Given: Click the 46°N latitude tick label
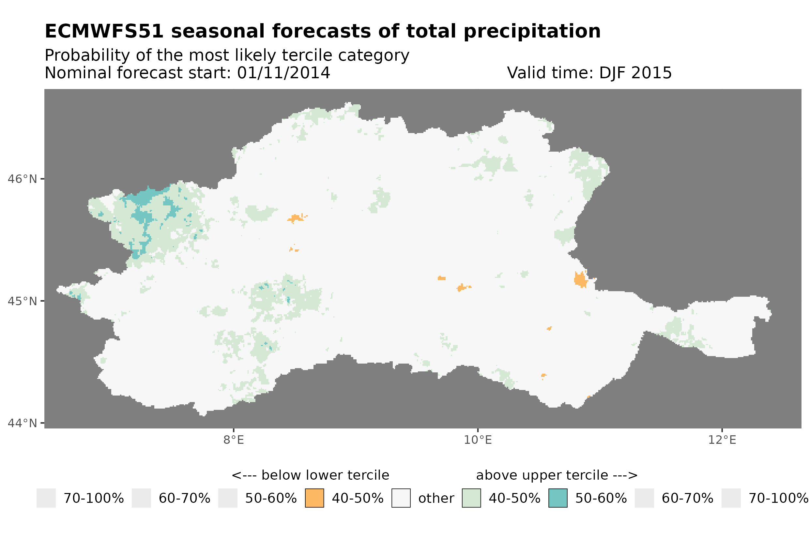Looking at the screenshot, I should (x=22, y=179).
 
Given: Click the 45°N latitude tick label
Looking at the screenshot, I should (x=22, y=301).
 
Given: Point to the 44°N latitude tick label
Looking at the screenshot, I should (x=22, y=423).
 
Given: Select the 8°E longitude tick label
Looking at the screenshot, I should (x=234, y=440).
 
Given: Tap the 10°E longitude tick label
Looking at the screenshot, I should (x=478, y=440).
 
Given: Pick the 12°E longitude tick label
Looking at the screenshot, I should (x=722, y=440).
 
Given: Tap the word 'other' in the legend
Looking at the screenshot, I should (x=436, y=499).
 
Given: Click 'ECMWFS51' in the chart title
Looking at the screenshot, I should (x=104, y=31).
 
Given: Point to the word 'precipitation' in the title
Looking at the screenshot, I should (x=532, y=31).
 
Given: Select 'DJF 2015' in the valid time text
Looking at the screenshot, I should (x=635, y=73).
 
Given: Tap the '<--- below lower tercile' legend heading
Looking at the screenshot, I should (x=310, y=475).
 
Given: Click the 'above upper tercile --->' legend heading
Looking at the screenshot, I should (x=557, y=475).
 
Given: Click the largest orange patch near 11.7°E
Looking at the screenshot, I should (x=580, y=279).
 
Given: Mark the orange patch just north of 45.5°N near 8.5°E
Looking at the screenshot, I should (x=296, y=217).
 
